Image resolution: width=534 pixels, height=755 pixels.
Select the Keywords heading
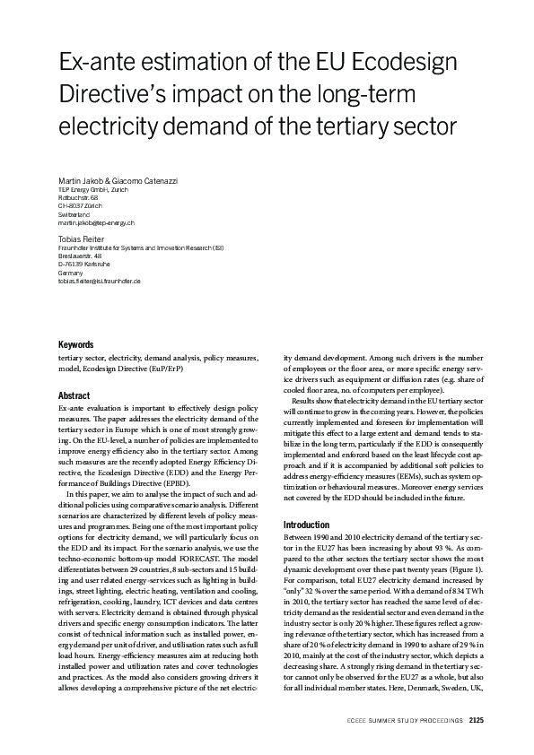coord(76,344)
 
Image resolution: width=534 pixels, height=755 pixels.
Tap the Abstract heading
coord(74,395)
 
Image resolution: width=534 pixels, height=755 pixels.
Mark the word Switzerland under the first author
coord(74,214)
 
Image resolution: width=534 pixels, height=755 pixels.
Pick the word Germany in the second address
coord(71,273)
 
